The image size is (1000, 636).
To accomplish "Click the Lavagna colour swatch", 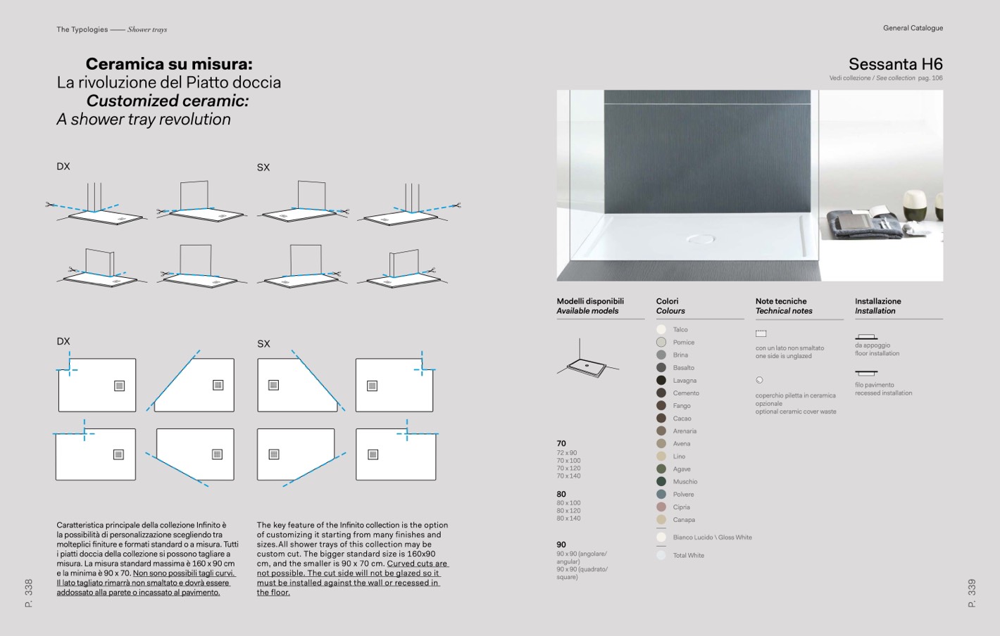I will tap(661, 381).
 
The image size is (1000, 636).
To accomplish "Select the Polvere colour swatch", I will tap(661, 495).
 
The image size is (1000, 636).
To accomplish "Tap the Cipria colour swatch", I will tap(661, 507).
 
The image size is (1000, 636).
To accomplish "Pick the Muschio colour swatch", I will tap(661, 482).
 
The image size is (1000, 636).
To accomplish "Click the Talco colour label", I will tap(680, 330).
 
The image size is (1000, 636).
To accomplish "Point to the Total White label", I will tap(688, 556).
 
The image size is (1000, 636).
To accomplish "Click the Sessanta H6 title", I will tap(895, 64).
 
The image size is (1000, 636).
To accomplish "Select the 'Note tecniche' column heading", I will tap(781, 301).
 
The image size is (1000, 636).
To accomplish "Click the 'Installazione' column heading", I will tap(877, 301).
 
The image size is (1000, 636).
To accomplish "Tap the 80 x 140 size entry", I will tap(568, 519).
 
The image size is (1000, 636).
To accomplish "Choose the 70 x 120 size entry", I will tap(568, 469).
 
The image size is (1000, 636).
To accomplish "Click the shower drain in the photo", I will tap(700, 240).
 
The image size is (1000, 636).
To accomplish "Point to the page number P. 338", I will tap(29, 593).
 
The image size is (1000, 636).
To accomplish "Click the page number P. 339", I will tap(972, 593).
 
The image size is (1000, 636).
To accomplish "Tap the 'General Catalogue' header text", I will tap(913, 28).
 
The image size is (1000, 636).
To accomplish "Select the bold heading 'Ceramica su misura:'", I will tap(169, 64).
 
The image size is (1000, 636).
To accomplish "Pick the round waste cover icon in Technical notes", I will tap(759, 380).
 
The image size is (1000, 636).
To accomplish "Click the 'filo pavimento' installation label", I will tap(875, 385).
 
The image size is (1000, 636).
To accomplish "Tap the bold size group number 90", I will tap(561, 545).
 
